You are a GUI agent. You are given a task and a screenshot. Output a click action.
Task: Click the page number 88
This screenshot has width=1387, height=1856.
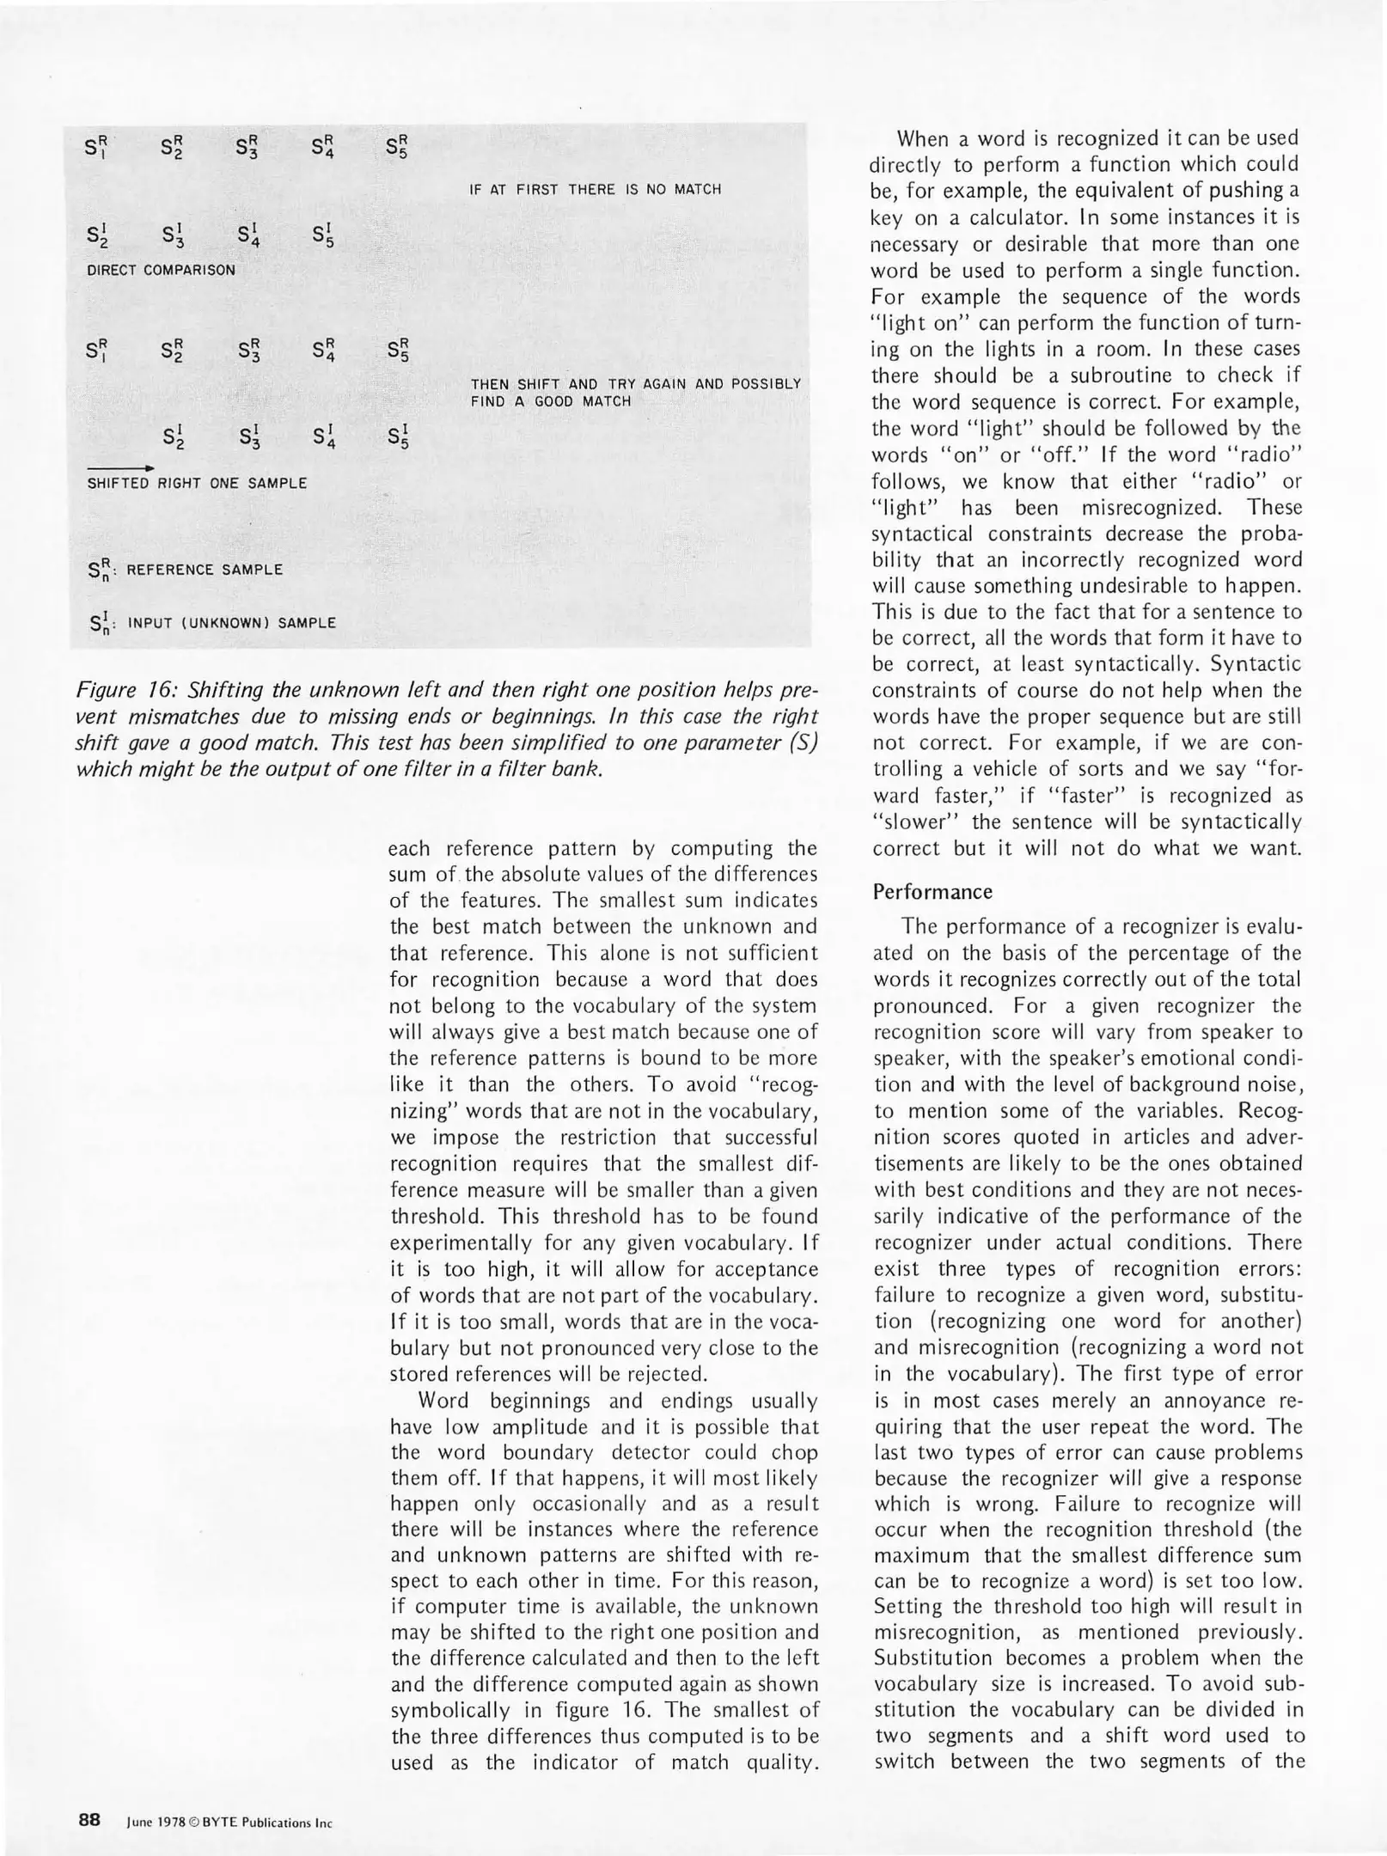coord(89,1819)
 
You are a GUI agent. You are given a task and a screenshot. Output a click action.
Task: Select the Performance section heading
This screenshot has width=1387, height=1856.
coord(932,891)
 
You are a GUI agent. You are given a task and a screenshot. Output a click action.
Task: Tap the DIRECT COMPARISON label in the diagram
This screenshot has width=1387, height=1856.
coord(161,270)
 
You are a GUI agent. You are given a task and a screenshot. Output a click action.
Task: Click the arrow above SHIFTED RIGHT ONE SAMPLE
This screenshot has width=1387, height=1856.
coord(120,467)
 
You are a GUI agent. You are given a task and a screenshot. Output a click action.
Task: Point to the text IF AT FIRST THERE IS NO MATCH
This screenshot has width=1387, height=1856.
coord(595,189)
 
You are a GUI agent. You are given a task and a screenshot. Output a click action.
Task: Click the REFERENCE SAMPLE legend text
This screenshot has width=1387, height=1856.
coord(204,570)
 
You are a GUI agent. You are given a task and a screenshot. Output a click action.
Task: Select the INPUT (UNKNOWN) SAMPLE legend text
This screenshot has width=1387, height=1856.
coord(231,623)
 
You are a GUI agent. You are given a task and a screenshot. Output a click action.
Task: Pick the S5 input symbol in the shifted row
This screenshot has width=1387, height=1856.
coord(396,438)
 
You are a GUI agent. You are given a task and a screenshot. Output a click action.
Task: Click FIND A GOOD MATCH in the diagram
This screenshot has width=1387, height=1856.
coord(550,401)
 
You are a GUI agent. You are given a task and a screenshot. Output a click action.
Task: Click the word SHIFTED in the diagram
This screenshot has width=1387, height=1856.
coord(118,484)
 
